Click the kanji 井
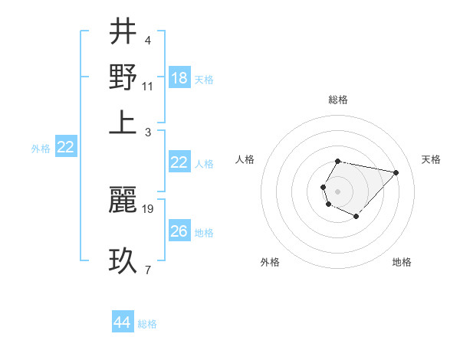123,32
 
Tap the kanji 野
123,77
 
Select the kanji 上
123,121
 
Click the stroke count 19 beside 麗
148,208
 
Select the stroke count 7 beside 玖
148,270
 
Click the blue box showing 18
179,78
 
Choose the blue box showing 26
179,231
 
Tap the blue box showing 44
123,322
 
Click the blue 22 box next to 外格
65,147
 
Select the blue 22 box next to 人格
179,162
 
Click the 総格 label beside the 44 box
147,324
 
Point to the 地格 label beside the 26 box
204,232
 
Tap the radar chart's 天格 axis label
431,159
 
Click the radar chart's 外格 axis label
270,262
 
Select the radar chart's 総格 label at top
337,100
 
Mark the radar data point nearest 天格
396,172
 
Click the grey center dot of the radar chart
337,190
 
